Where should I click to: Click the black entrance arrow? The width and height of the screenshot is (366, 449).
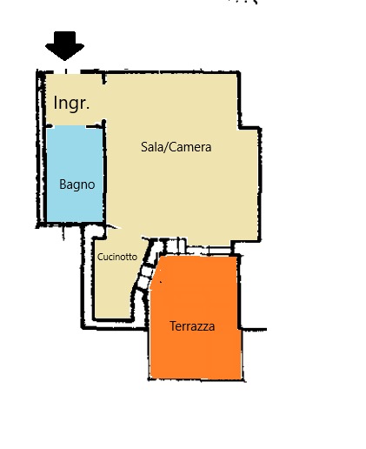[64, 46]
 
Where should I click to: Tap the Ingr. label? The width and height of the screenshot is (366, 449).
[71, 104]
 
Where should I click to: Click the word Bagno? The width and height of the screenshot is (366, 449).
[77, 184]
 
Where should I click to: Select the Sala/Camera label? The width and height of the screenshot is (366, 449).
[176, 147]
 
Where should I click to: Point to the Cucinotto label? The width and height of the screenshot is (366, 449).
[117, 257]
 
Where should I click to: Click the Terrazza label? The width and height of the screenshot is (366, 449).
[192, 326]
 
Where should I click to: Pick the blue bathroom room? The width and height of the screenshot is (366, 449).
[75, 174]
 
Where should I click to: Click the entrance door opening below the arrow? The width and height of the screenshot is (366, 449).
[66, 71]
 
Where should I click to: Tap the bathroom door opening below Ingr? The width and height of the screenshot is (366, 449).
[69, 126]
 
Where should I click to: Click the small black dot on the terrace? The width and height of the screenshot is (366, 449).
[161, 281]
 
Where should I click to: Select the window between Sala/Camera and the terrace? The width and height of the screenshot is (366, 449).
[209, 250]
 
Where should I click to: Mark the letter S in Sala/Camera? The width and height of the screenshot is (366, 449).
[144, 147]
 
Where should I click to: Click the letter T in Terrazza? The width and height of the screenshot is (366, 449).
[173, 326]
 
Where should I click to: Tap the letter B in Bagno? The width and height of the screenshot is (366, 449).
[63, 184]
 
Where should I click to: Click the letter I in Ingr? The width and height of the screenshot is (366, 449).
[55, 103]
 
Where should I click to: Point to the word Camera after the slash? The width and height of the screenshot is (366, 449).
[190, 147]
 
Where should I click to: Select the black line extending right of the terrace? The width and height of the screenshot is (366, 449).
[254, 329]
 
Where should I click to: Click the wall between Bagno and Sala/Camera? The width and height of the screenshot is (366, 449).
[104, 171]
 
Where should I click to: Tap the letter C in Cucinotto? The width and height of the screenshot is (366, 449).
[100, 257]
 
